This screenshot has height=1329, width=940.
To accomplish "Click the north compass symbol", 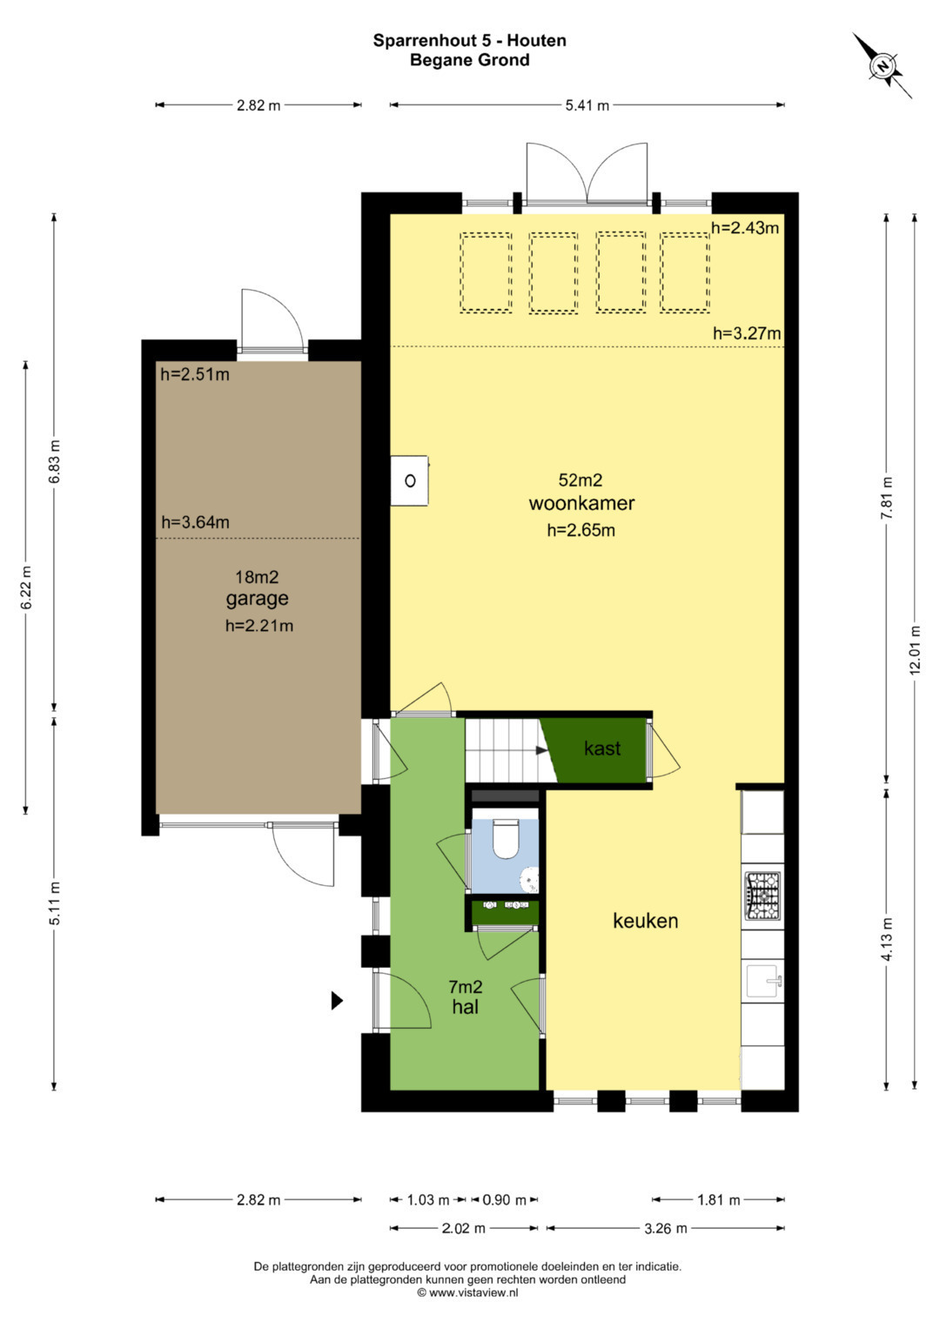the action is coord(883,65).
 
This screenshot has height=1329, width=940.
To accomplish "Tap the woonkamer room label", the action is coord(581,503).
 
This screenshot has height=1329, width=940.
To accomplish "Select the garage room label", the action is coord(257,599).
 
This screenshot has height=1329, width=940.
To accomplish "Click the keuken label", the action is coord(645,921).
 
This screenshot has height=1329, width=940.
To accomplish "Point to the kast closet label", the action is coord(602,748).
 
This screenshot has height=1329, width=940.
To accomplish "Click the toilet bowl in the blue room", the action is coord(507,839).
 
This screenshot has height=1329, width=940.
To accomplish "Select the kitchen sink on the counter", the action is coord(764,982).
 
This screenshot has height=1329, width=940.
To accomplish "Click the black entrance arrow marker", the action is coord(337,1001).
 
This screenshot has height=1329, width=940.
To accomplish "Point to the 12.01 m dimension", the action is coord(915,649).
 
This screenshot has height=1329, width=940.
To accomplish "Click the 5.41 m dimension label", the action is coord(587,105).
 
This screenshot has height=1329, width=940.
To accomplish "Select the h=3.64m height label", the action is coord(195,522).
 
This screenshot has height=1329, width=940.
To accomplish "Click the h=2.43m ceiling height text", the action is coord(745,227).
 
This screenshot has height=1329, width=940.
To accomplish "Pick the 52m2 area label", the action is coord(581,480).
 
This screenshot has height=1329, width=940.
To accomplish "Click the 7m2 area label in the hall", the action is coord(466,987).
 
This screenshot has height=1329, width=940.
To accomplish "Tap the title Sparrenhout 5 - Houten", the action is coord(469,40).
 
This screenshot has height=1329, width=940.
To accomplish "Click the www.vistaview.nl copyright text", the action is coord(467,1292).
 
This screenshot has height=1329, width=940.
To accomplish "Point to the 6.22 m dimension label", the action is coord(25,587).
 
